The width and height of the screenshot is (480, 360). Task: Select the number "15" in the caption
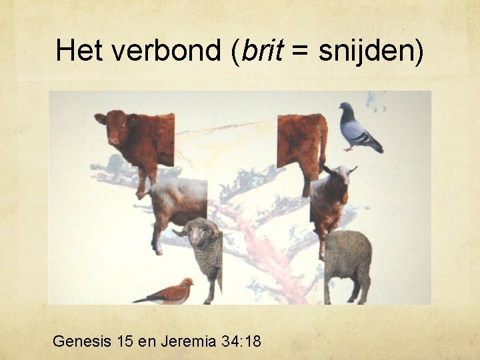coord(124,342)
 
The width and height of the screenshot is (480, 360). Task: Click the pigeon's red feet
coord(349,149)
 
